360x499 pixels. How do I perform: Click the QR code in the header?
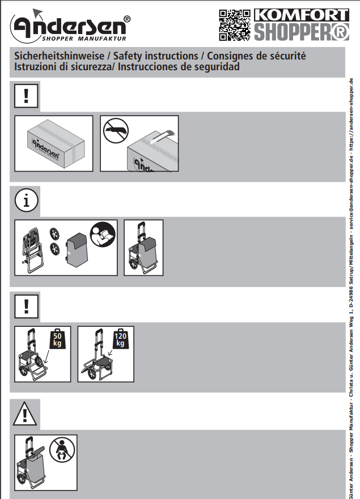click(235, 25)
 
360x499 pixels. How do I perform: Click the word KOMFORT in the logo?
click(302, 15)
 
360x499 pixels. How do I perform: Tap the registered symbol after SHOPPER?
click(340, 32)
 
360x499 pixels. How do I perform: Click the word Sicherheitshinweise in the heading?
click(60, 56)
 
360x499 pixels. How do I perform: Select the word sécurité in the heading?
click(287, 56)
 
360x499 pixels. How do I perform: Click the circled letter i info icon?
click(26, 201)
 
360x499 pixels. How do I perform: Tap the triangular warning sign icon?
click(25, 413)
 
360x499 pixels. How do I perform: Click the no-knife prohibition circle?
click(116, 131)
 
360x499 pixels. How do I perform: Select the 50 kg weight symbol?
click(57, 339)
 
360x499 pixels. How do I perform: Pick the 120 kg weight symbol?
click(120, 339)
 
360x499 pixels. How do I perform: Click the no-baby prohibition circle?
click(62, 450)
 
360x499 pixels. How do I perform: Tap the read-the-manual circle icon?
click(103, 234)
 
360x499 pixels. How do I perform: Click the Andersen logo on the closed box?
click(45, 148)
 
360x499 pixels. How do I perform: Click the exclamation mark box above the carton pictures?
click(26, 96)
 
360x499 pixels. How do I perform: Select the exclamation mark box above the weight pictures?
click(26, 306)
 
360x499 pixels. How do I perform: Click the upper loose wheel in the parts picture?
click(54, 234)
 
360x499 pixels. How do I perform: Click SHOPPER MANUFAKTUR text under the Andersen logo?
click(84, 39)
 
